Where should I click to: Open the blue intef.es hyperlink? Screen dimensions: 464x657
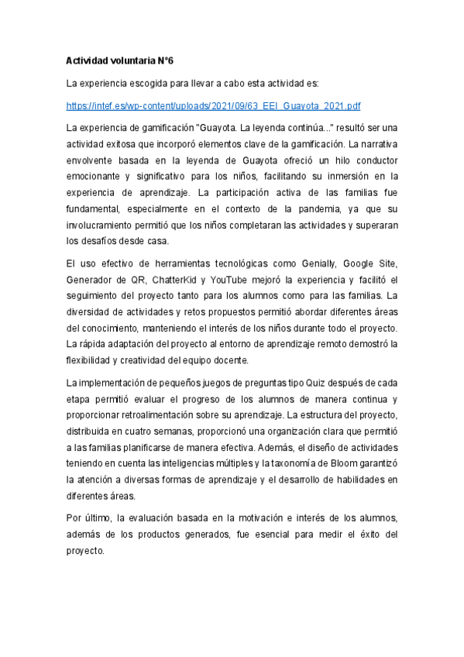(213, 105)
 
